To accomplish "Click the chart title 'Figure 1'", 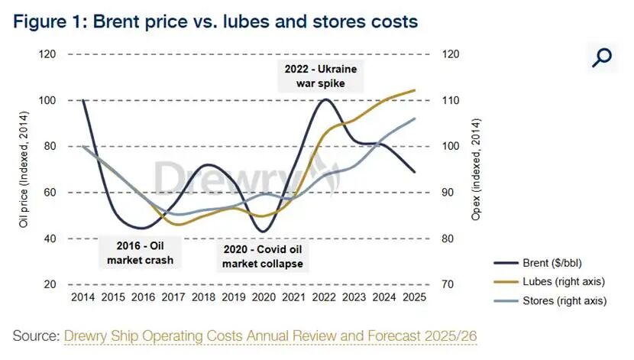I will (x=215, y=21).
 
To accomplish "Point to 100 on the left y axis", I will (x=47, y=101).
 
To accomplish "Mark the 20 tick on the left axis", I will (x=50, y=284).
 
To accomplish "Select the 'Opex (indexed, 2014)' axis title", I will (x=476, y=170).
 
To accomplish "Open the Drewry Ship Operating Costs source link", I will (x=271, y=335).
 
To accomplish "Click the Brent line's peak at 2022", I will (x=326, y=99).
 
